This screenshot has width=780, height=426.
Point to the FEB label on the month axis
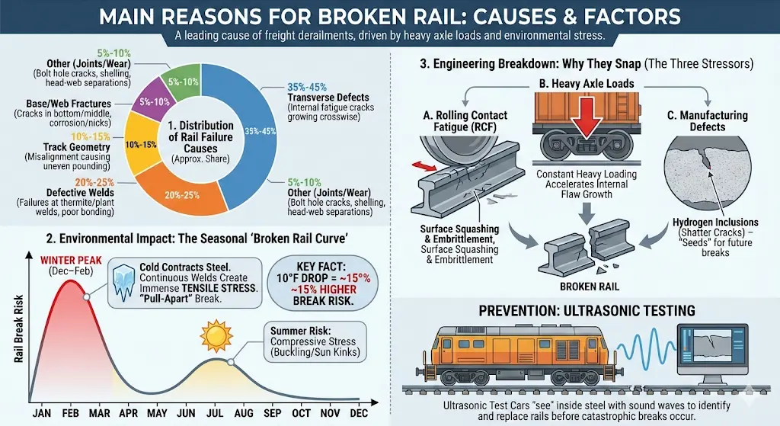[x=71, y=412]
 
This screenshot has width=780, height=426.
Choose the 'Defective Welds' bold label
[x=60, y=193]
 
